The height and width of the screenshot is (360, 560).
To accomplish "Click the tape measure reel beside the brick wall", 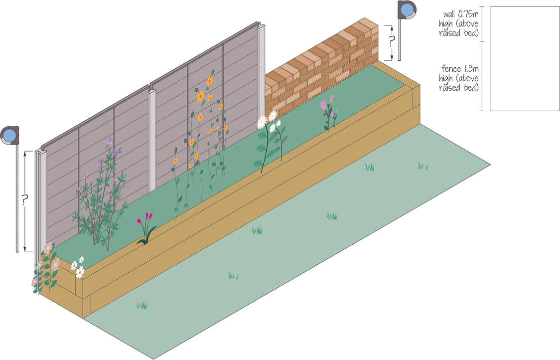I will point(407,9).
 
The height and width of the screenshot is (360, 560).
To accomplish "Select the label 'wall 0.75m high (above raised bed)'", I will point(459,23).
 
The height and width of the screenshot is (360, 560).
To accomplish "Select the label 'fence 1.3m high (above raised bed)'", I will point(459,78).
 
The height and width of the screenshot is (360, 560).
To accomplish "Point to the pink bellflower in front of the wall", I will point(327,106).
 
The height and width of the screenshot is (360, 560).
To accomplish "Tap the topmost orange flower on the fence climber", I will point(210,80).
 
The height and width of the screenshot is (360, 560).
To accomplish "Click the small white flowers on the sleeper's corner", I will point(78,267).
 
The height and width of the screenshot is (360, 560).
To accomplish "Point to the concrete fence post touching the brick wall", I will point(261,70).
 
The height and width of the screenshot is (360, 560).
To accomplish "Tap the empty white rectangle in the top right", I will point(525,58).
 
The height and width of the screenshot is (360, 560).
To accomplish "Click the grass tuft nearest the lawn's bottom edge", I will point(142,305).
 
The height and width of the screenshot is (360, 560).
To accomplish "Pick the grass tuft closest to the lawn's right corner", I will point(423,166).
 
